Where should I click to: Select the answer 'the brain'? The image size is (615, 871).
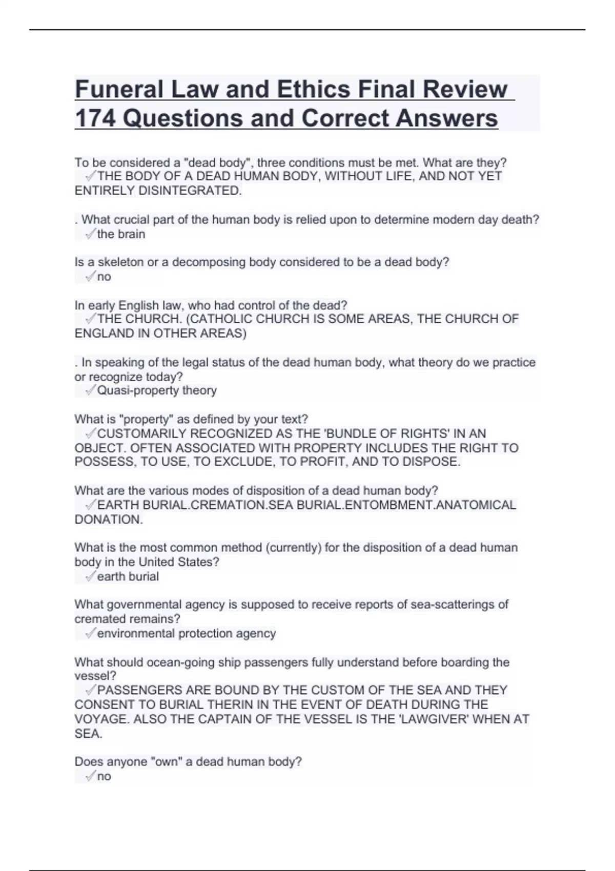[121, 234]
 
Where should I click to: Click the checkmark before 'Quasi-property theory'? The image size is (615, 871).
[90, 390]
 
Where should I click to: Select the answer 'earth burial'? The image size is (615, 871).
[128, 576]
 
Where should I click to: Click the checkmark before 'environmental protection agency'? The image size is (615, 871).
[90, 633]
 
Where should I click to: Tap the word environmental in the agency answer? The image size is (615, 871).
[135, 633]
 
